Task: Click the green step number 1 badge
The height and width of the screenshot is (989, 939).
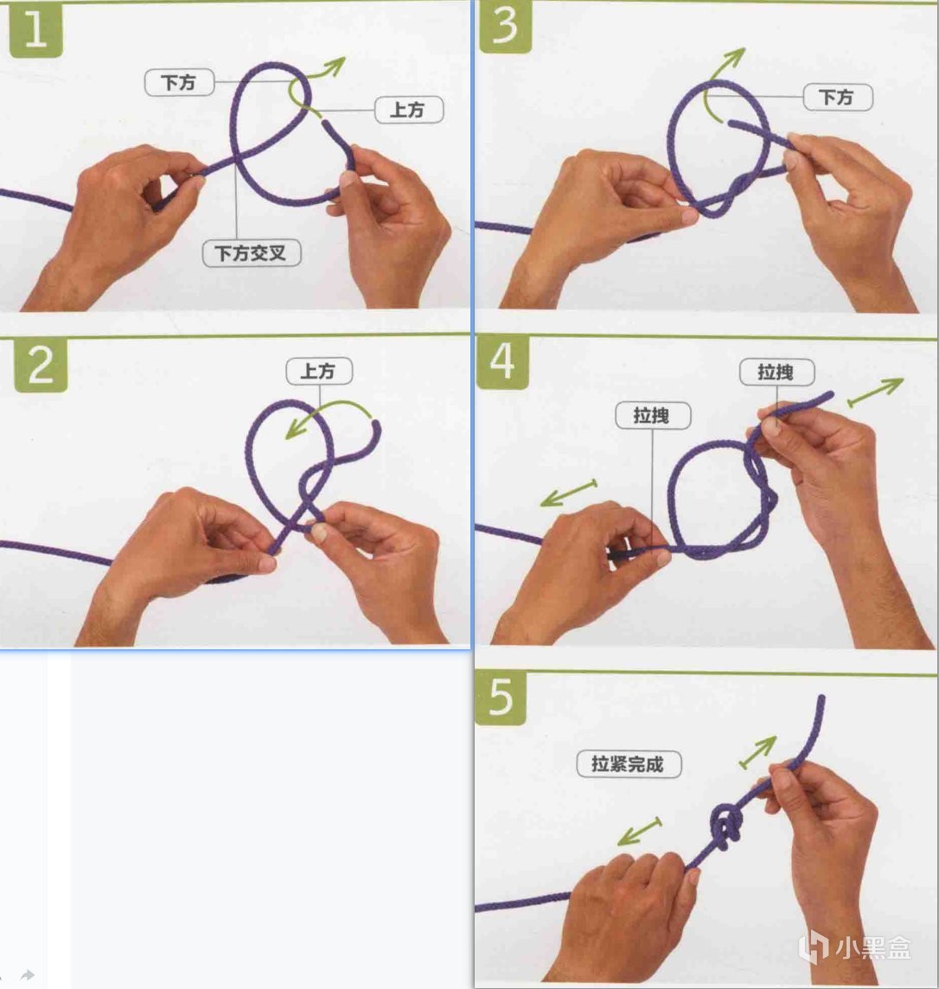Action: (36, 30)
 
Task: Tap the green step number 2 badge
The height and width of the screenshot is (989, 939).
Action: (41, 365)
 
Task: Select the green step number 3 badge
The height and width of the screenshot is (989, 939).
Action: (504, 27)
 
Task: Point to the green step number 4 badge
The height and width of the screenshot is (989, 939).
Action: (502, 362)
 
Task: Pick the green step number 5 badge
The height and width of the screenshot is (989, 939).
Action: (501, 698)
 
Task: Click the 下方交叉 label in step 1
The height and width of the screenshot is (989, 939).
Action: (252, 253)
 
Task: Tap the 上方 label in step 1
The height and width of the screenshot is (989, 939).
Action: (409, 110)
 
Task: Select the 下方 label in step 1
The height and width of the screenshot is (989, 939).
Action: (180, 83)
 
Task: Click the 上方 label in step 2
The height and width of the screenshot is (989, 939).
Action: (319, 371)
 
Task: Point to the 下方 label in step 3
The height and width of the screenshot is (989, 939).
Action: (838, 97)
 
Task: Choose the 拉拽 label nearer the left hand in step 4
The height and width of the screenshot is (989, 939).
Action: (653, 416)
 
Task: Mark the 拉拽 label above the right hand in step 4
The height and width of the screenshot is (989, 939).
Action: (777, 372)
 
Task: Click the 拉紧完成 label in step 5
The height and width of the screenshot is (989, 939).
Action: (629, 764)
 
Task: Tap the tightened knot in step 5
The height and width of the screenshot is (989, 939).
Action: (726, 826)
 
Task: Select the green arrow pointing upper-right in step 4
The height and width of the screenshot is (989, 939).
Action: (875, 392)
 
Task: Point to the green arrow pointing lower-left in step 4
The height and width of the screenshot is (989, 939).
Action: (569, 493)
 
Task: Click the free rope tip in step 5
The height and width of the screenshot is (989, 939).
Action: (821, 698)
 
